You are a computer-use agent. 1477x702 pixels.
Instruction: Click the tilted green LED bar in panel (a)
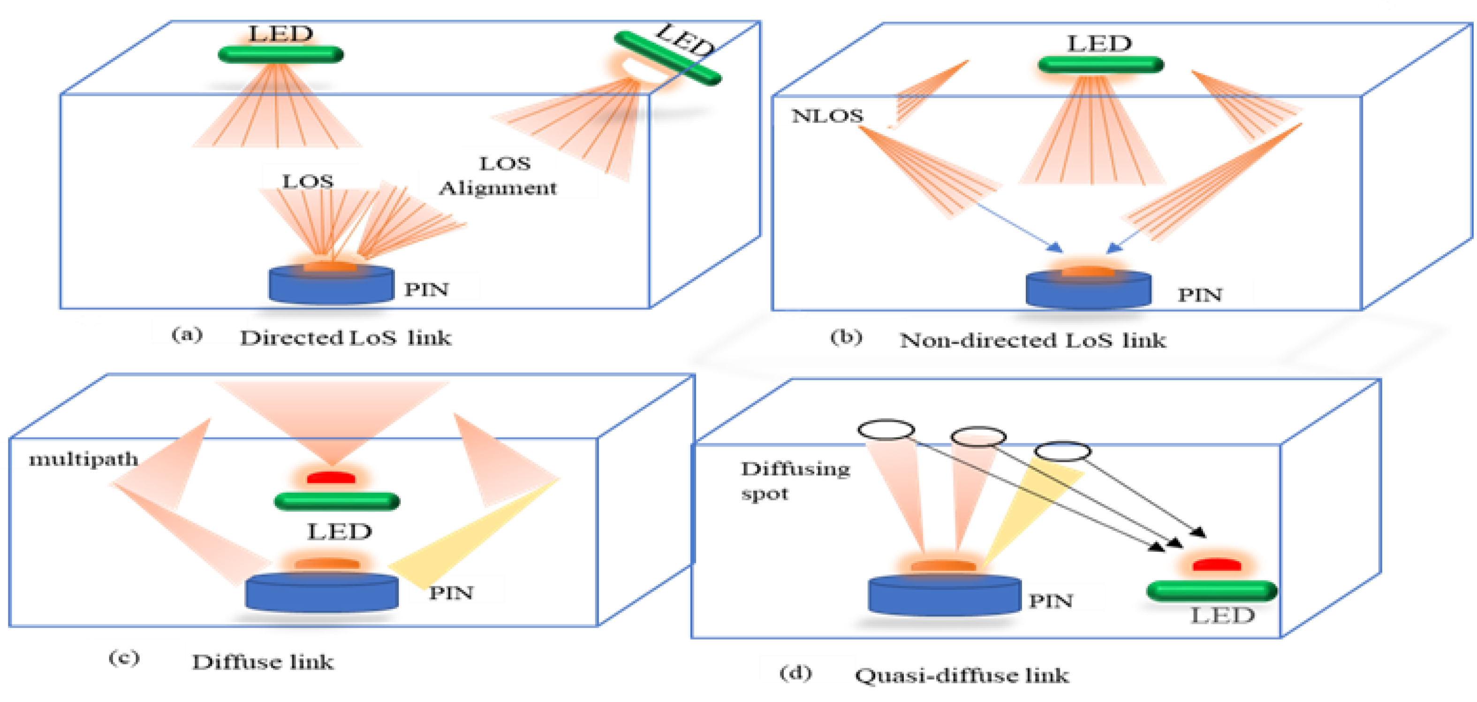pyautogui.click(x=667, y=58)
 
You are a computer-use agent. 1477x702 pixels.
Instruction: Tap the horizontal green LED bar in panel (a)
pyautogui.click(x=281, y=54)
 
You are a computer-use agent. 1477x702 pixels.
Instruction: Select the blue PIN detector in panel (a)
pyautogui.click(x=332, y=284)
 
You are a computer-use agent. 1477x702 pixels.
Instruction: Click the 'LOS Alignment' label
pyautogui.click(x=498, y=175)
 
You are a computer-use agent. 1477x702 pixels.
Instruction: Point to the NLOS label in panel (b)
pyautogui.click(x=827, y=116)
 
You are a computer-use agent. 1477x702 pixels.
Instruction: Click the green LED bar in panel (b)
pyautogui.click(x=1100, y=65)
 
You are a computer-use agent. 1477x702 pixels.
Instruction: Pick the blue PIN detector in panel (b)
pyautogui.click(x=1088, y=290)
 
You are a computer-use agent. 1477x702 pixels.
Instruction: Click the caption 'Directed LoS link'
pyautogui.click(x=345, y=338)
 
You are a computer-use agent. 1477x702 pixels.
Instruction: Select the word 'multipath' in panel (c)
pyautogui.click(x=83, y=459)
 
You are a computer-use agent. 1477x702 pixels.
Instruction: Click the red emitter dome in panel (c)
pyautogui.click(x=332, y=478)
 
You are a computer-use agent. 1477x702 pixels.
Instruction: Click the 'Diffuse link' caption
pyautogui.click(x=263, y=662)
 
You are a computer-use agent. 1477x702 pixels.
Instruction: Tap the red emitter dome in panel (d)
pyautogui.click(x=1217, y=565)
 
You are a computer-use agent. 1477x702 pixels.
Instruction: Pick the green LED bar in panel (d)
pyautogui.click(x=1212, y=591)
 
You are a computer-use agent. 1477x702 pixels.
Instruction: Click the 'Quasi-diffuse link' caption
pyautogui.click(x=962, y=676)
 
